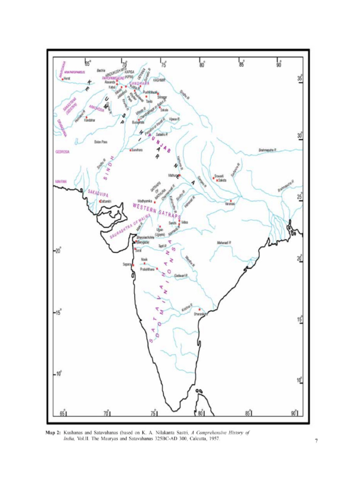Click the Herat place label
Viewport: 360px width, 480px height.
click(67, 79)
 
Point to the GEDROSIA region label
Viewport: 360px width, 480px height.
click(62, 152)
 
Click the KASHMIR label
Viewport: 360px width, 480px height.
click(160, 80)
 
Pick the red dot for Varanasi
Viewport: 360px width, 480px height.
click(231, 201)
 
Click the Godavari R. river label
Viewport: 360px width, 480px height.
click(181, 275)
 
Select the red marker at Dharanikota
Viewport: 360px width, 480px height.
click(199, 309)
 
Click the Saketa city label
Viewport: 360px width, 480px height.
click(222, 180)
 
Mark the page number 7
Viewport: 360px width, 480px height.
click(316, 441)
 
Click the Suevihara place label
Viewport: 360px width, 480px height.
click(137, 150)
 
